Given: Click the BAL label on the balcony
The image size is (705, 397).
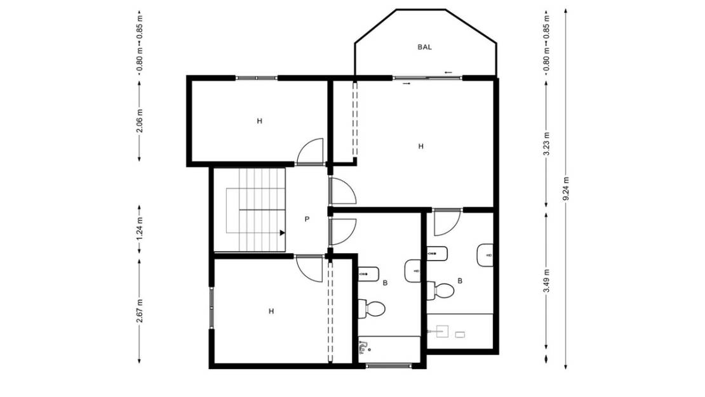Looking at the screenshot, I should tap(424, 47).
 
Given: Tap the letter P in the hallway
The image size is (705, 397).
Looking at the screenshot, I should tap(307, 219).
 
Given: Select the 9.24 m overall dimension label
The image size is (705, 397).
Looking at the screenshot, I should tap(565, 189).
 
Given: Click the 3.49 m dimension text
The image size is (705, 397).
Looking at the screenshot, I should tap(547, 282).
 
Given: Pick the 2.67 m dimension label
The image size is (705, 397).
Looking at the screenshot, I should tap(139, 310).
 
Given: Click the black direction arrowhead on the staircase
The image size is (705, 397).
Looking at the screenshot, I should tap(281, 232).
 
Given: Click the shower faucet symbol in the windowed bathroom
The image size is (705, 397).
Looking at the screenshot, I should tap(364, 346).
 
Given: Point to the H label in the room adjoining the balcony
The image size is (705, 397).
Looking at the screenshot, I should tap(420, 146).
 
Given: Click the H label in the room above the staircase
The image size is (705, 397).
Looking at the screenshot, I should tap(259, 120).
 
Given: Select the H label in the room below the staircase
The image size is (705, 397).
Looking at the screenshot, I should tap(271, 311).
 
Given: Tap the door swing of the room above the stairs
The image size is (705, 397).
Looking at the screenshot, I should tap(311, 152).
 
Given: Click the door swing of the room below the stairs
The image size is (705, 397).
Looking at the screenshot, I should tap(311, 268).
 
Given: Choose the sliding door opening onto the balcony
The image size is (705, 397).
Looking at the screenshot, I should tap(427, 78).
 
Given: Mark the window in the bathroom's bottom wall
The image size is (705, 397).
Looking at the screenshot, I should tap(389, 366).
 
